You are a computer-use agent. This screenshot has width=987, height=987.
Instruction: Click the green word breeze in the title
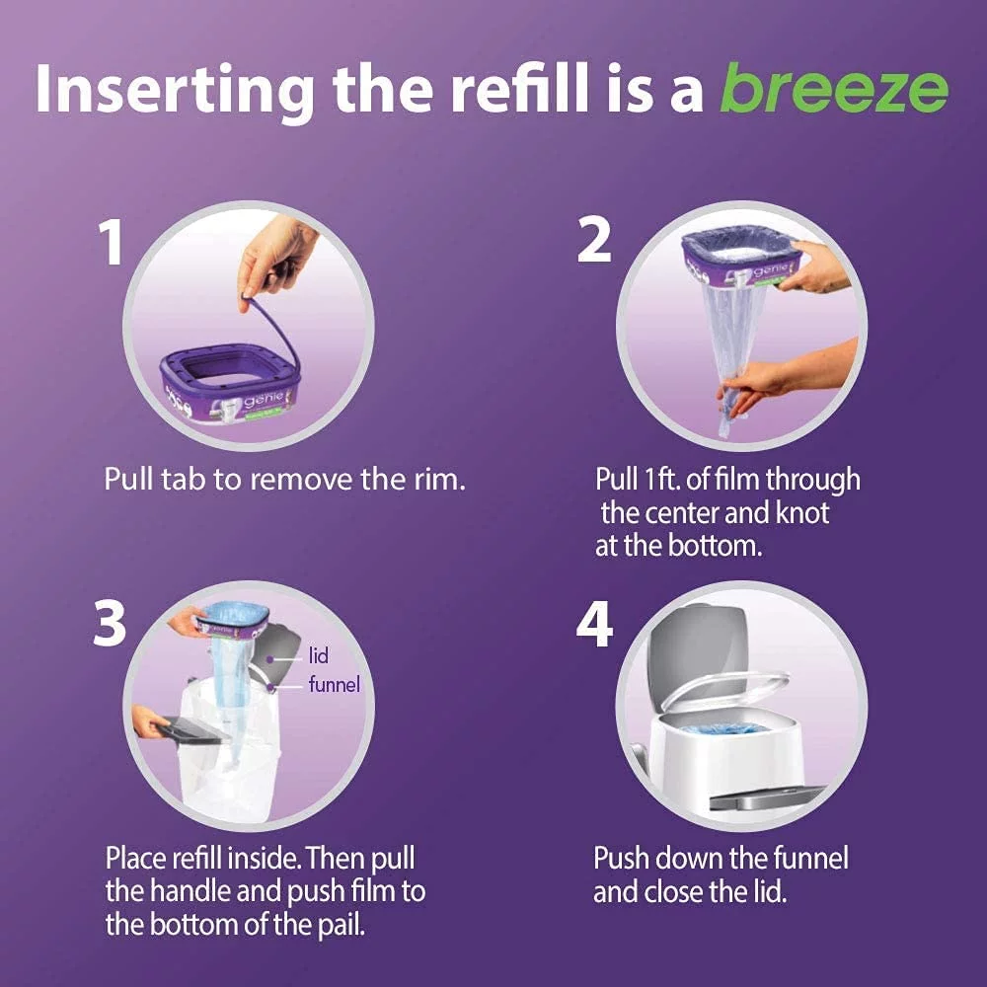click(x=833, y=91)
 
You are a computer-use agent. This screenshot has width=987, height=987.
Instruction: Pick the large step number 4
click(x=595, y=625)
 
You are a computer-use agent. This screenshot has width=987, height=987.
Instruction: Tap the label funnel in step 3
click(x=334, y=684)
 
